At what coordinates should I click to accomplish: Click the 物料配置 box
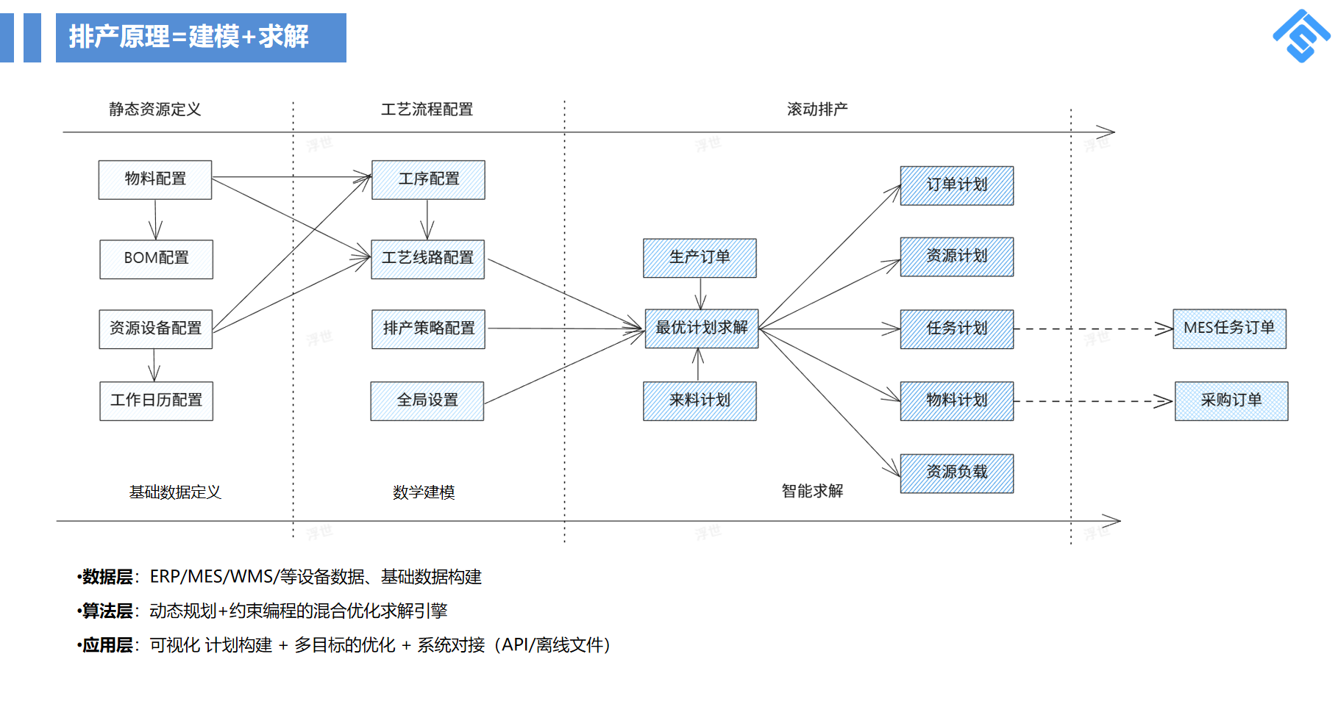click(x=155, y=179)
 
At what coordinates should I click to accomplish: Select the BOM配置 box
click(x=156, y=259)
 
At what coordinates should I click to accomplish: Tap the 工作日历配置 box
click(x=156, y=400)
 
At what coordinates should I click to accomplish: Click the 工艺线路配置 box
click(x=427, y=259)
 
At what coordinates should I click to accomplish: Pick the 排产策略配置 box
click(x=428, y=328)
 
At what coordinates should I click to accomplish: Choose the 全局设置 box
click(x=427, y=400)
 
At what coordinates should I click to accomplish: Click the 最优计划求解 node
click(x=701, y=328)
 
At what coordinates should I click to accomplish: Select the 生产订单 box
click(x=700, y=258)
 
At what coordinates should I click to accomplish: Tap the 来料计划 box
click(x=700, y=400)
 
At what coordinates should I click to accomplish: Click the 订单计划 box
click(x=956, y=185)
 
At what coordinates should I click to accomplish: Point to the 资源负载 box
click(x=956, y=473)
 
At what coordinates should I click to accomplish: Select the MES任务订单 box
click(x=1229, y=328)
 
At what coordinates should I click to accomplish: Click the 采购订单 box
click(x=1231, y=400)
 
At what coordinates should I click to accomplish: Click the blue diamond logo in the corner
click(x=1301, y=35)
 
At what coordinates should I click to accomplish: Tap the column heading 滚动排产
click(x=816, y=109)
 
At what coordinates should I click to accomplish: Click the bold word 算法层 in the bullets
click(x=107, y=611)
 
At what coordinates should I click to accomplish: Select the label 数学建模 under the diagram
click(x=424, y=492)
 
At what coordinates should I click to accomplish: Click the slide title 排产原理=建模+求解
click(x=189, y=37)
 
